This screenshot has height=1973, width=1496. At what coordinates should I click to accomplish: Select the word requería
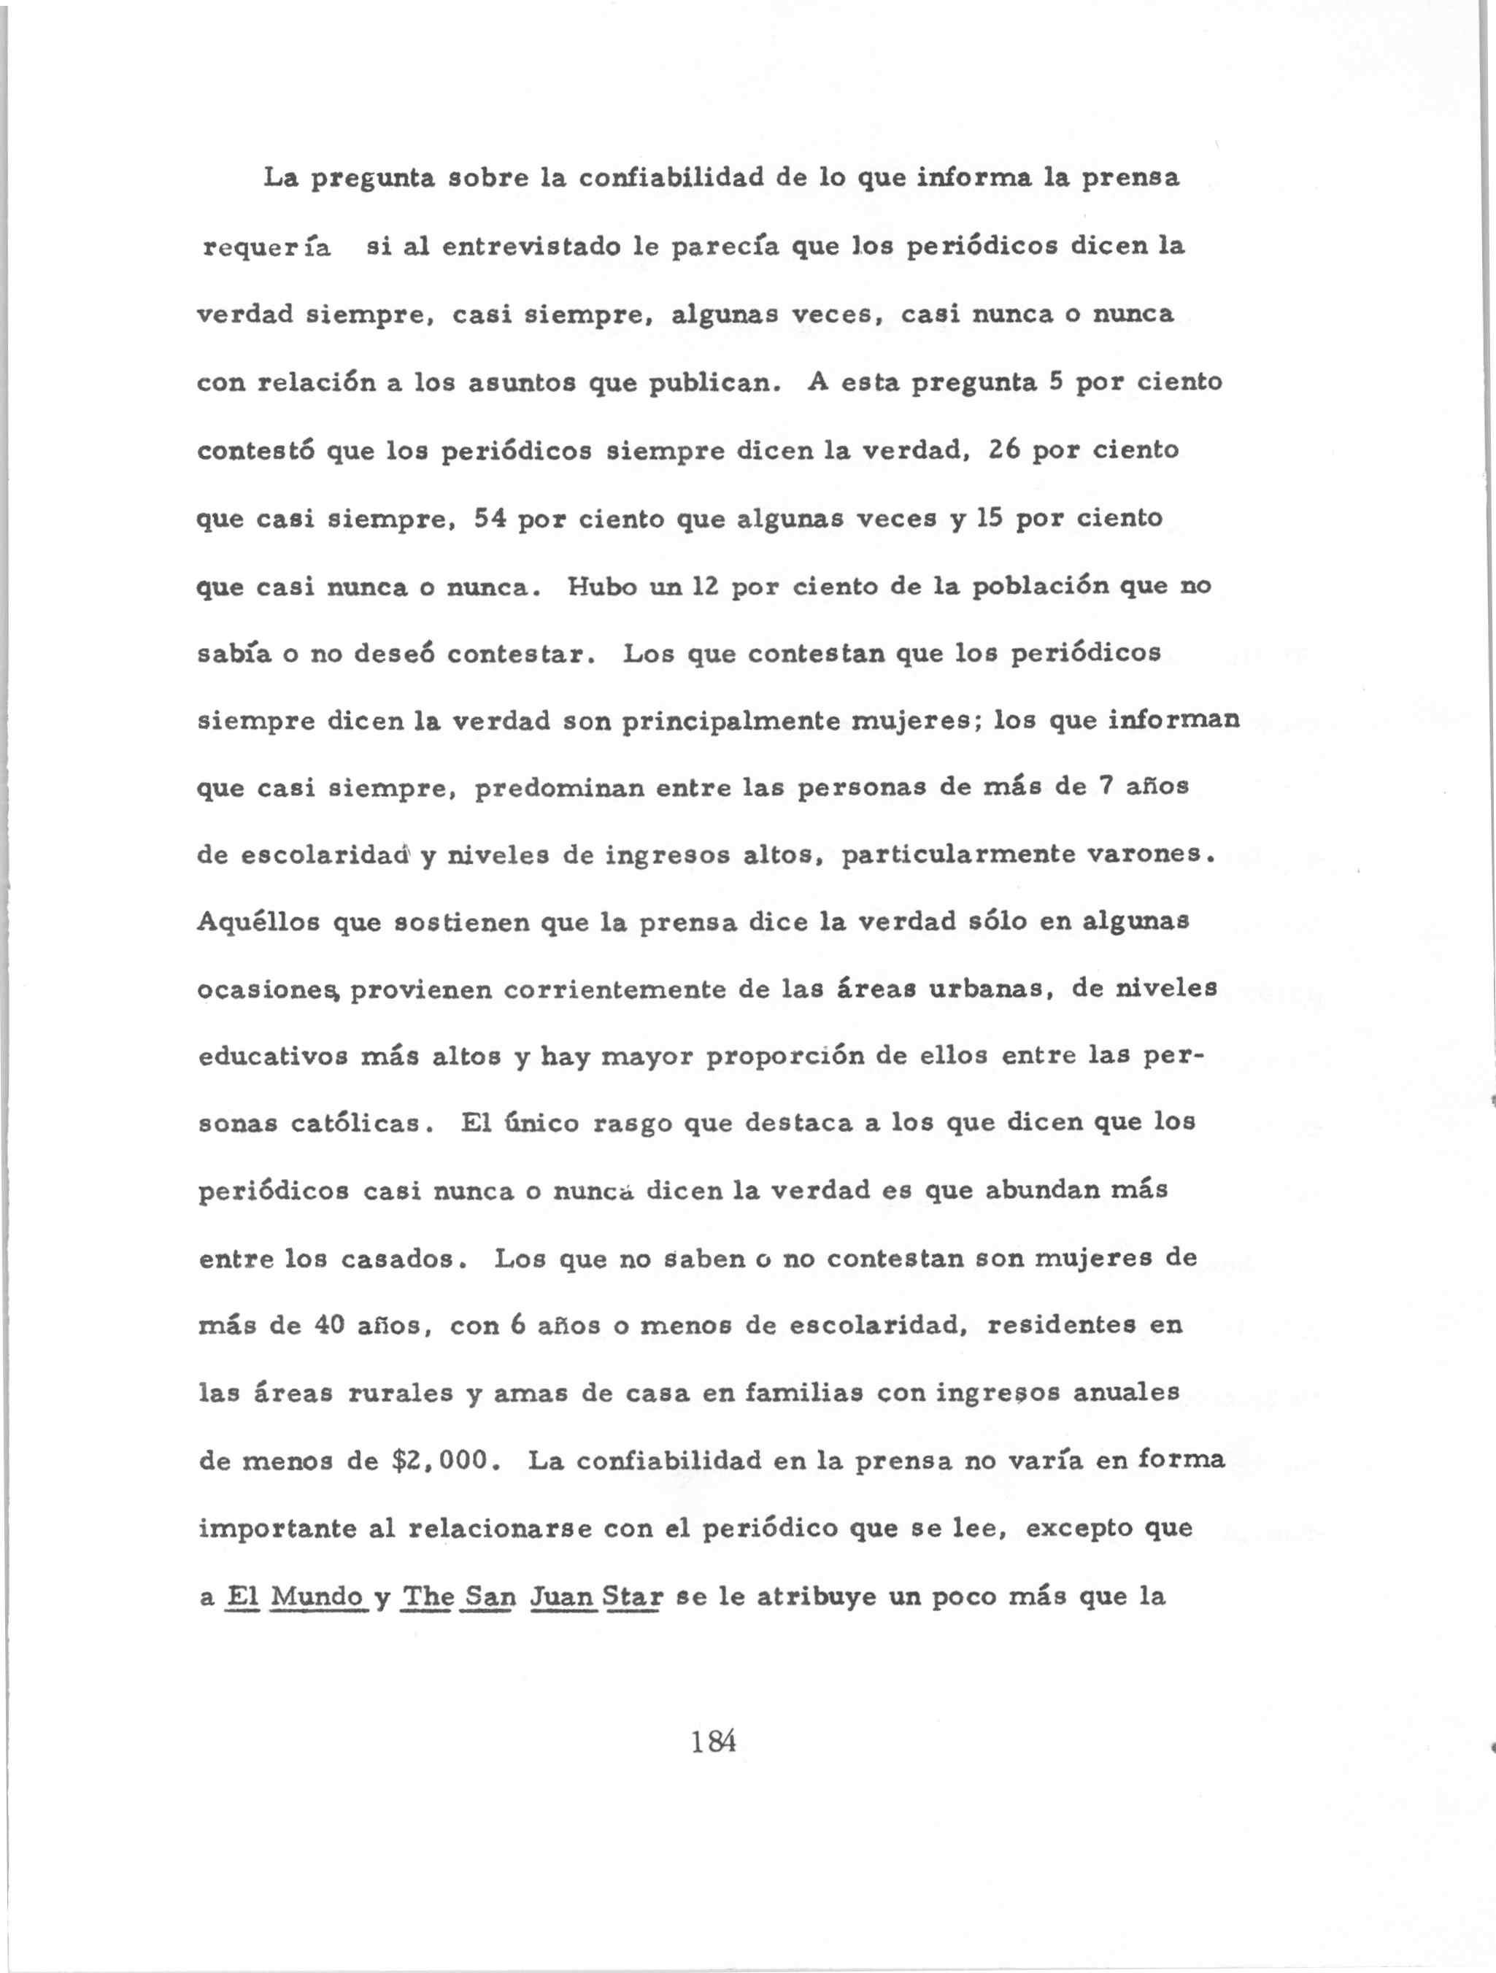(268, 247)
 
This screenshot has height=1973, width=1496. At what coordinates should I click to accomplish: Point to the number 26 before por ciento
(1003, 449)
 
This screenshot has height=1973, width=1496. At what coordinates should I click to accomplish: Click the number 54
(490, 517)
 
